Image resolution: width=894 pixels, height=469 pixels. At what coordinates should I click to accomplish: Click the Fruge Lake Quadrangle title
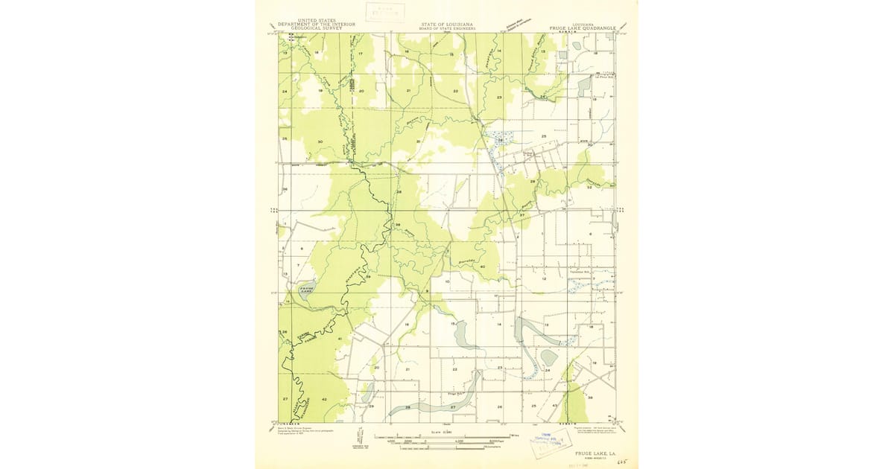click(x=583, y=28)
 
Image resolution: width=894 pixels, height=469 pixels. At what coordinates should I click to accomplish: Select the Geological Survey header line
click(x=317, y=28)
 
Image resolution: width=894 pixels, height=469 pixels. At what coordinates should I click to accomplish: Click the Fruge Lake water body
click(x=306, y=290)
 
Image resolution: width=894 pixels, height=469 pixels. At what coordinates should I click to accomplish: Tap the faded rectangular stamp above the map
click(x=384, y=13)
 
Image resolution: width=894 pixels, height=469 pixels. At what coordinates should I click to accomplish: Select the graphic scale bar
click(x=447, y=438)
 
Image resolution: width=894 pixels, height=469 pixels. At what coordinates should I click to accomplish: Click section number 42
click(x=324, y=399)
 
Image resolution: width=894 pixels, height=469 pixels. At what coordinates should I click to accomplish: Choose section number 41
click(x=339, y=339)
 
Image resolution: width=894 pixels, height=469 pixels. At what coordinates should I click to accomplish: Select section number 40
click(x=483, y=267)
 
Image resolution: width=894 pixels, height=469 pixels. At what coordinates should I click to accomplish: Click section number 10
click(x=447, y=281)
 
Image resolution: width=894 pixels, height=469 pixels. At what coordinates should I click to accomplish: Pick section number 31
click(x=419, y=141)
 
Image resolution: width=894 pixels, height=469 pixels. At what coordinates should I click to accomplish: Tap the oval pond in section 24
click(x=550, y=358)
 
